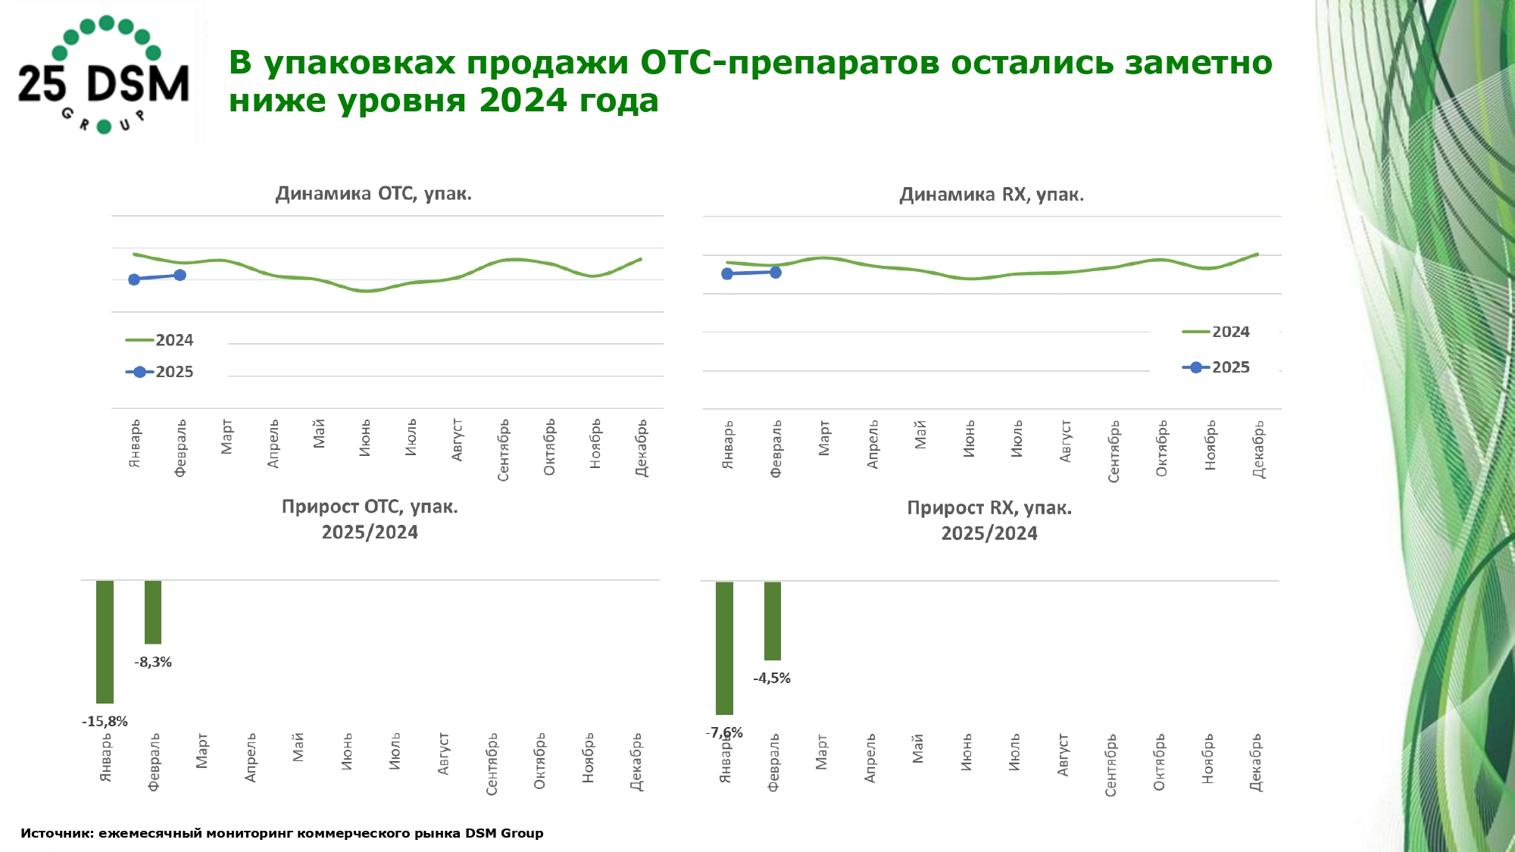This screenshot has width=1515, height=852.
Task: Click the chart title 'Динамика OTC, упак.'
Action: click(373, 194)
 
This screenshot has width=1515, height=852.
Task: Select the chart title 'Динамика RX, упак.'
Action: click(992, 195)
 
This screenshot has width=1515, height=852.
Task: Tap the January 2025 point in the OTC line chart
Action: click(134, 279)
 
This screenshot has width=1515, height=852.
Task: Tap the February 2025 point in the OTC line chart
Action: click(180, 275)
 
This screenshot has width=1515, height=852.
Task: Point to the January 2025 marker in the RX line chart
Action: click(727, 274)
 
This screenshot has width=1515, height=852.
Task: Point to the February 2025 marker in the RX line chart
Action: click(776, 273)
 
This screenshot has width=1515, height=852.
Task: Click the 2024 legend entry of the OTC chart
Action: click(160, 341)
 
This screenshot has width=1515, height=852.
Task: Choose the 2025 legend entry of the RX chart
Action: click(1216, 368)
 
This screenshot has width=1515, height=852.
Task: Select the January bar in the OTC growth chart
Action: click(105, 641)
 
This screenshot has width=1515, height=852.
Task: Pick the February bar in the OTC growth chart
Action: click(153, 612)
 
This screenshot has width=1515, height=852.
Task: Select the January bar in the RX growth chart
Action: click(725, 648)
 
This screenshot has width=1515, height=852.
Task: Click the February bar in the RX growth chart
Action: click(773, 621)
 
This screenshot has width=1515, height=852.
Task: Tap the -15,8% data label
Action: click(105, 722)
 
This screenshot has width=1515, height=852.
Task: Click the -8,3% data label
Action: click(153, 663)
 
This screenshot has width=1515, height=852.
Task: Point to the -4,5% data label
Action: click(772, 679)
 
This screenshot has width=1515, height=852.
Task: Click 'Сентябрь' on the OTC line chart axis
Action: click(504, 450)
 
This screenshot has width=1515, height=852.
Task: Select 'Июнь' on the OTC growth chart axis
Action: click(347, 752)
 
